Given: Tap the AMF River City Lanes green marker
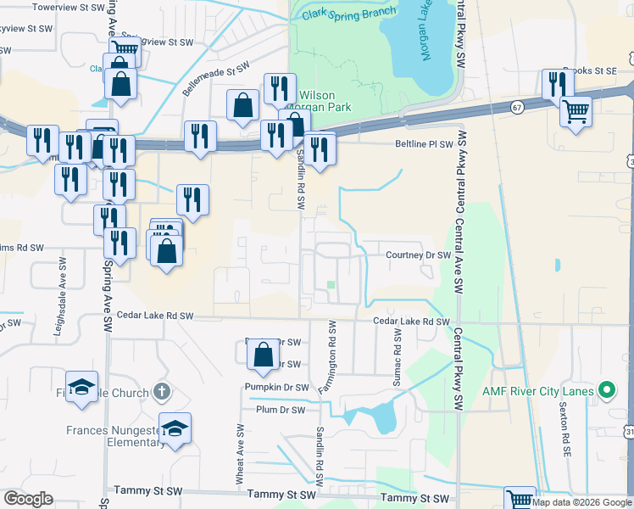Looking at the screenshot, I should [x=607, y=391].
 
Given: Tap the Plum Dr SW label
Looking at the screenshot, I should [x=281, y=410].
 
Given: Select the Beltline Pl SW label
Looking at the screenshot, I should [x=425, y=144].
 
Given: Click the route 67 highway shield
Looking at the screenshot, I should [x=517, y=107].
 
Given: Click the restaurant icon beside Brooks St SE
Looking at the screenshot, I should [x=557, y=83].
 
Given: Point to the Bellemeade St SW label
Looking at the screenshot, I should [x=217, y=77].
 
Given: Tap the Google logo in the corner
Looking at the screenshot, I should [x=29, y=499].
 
